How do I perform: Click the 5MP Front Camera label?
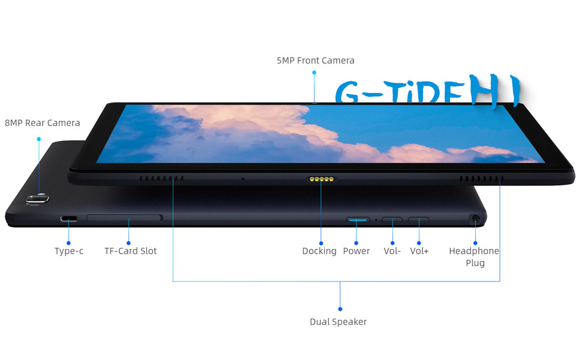pos(315,61)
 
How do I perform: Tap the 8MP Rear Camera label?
pos(42,123)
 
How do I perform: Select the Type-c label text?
pos(69,251)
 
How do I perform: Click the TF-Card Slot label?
pos(130,251)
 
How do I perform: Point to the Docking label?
pos(319,251)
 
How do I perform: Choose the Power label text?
pos(356,251)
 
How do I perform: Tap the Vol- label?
pos(392,251)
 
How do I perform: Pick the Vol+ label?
pos(419,251)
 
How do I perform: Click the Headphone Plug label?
pos(474,257)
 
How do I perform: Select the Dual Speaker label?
pos(338,322)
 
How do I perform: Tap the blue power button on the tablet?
pos(358,220)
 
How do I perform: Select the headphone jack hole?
pos(476,220)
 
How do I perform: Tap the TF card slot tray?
pos(124,217)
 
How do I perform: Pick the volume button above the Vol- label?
pos(392,220)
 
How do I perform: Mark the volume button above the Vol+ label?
pos(418,220)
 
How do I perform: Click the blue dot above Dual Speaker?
pos(340,308)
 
